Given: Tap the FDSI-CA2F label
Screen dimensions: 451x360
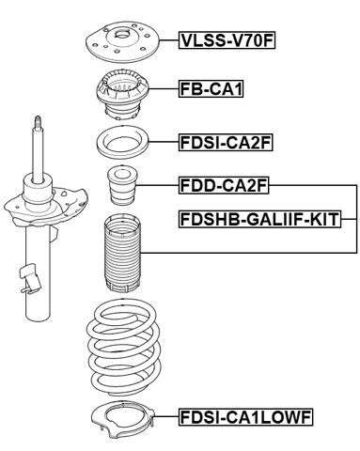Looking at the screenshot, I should coord(225,144).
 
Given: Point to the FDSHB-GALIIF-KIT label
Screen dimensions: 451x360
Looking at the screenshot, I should coord(259,220).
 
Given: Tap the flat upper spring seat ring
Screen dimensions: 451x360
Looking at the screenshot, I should coord(122,145).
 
